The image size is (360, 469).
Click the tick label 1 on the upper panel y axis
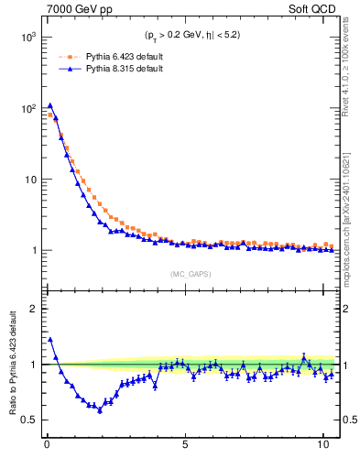[x=33, y=250]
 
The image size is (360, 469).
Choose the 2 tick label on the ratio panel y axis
[x=33, y=309]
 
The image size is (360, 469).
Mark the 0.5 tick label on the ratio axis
[x=28, y=420]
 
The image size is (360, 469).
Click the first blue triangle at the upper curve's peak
[x=50, y=105]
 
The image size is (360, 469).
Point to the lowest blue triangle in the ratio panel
[x=100, y=409]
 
